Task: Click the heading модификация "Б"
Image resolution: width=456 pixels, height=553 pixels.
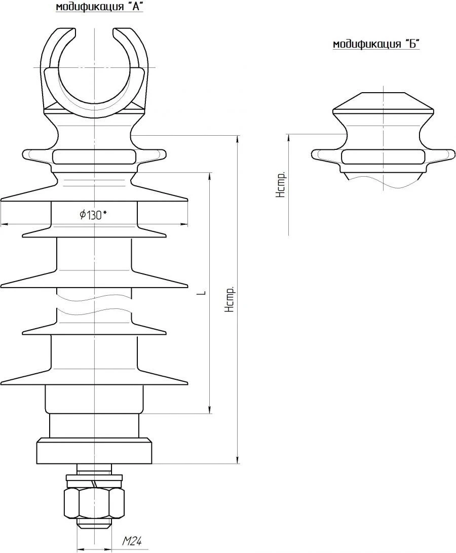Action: point(376,45)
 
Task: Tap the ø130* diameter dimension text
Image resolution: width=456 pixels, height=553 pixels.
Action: point(93,215)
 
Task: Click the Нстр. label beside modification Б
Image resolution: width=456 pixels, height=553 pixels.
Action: point(282,185)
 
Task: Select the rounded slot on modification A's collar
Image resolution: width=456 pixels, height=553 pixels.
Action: point(94,157)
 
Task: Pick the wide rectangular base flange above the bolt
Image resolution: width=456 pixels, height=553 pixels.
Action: point(94,451)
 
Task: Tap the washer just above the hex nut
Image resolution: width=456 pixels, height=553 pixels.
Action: point(94,478)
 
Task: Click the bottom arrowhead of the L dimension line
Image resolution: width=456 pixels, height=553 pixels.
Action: point(209,410)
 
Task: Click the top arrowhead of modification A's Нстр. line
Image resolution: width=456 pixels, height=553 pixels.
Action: point(238,139)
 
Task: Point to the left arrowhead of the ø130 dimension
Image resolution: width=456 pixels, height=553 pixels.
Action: point(4,224)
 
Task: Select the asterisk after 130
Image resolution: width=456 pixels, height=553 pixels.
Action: point(105,213)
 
